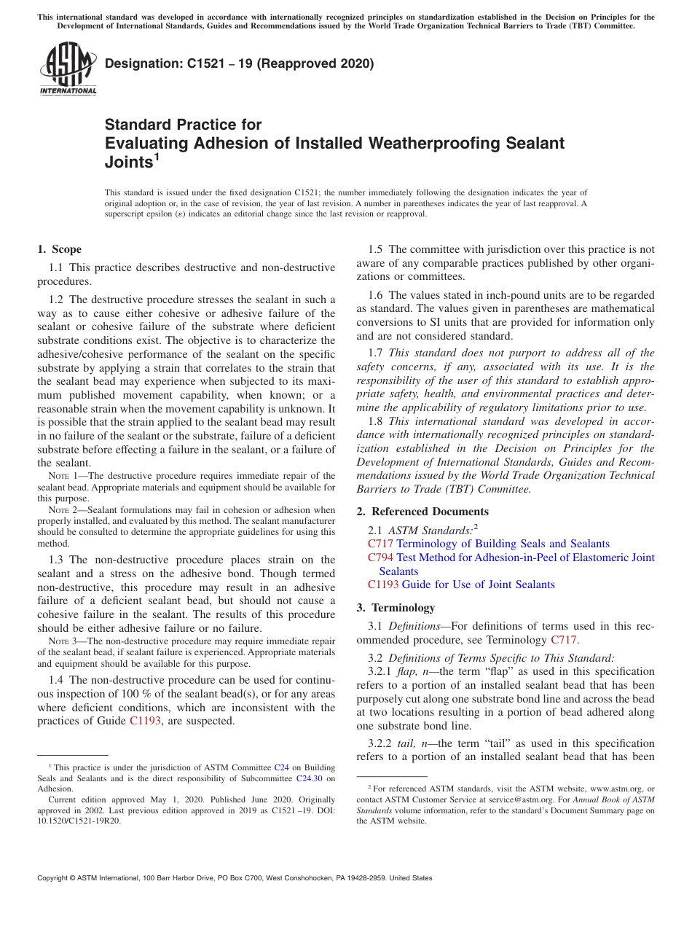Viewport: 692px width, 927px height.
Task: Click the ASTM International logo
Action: [68, 69]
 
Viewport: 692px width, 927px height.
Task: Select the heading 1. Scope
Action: [59, 249]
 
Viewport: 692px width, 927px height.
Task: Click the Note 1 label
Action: [60, 477]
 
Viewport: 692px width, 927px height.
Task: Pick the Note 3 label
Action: [60, 643]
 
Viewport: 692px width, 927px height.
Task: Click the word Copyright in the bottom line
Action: [54, 878]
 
